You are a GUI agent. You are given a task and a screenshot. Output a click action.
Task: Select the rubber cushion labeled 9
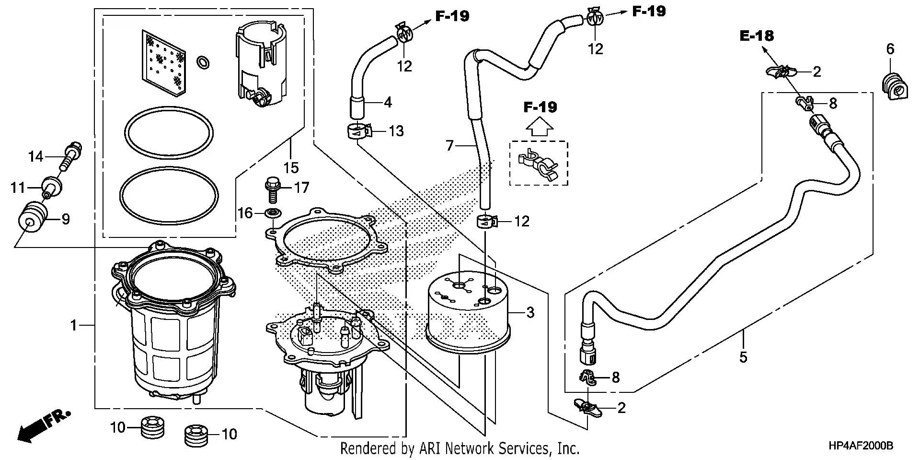pyautogui.click(x=32, y=218)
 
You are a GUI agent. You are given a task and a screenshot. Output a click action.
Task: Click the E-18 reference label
pyautogui.click(x=757, y=35)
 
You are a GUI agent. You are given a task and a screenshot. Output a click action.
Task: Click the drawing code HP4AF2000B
pyautogui.click(x=861, y=446)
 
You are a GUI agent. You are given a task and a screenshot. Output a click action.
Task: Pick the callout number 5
pyautogui.click(x=743, y=357)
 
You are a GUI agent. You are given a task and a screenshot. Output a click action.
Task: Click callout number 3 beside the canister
pyautogui.click(x=530, y=313)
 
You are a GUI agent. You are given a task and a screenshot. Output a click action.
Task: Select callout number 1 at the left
pyautogui.click(x=73, y=326)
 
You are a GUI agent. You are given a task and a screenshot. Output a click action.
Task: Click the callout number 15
pyautogui.click(x=291, y=168)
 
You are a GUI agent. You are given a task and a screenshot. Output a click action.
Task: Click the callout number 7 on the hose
pyautogui.click(x=449, y=145)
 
